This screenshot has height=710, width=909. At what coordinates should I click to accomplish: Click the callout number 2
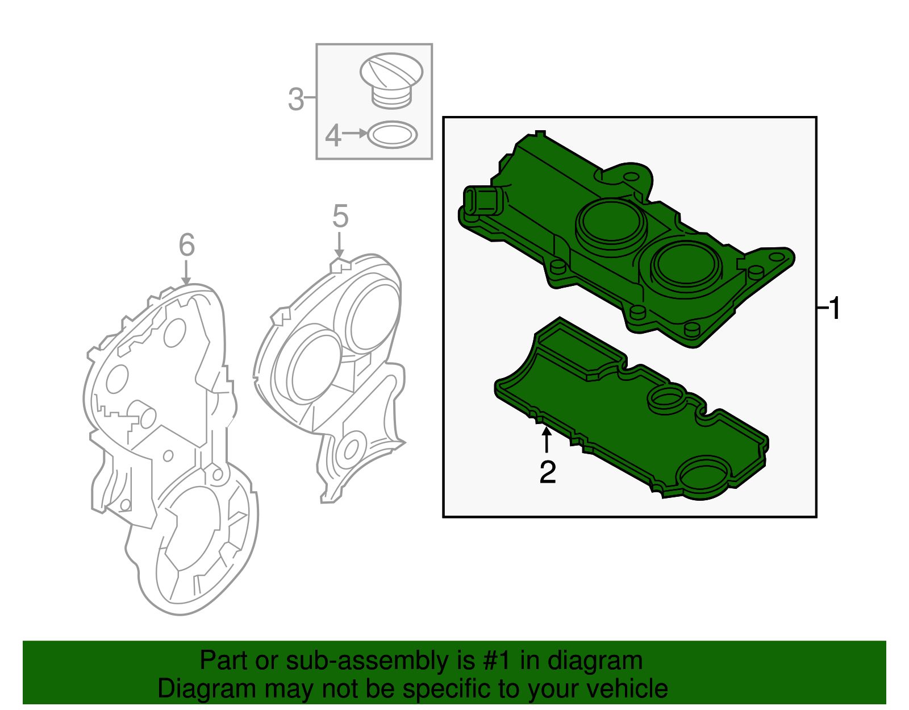[x=547, y=472]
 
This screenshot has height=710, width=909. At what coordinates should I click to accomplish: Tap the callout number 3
[x=296, y=99]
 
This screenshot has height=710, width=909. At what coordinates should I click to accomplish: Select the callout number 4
[x=333, y=136]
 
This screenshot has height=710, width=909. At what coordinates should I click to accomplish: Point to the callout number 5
[x=340, y=217]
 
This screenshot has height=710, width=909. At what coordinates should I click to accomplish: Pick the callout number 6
[x=186, y=245]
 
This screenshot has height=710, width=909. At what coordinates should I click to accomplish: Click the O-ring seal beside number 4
[x=393, y=135]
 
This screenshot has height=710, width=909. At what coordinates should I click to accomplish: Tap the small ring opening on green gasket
[x=666, y=398]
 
